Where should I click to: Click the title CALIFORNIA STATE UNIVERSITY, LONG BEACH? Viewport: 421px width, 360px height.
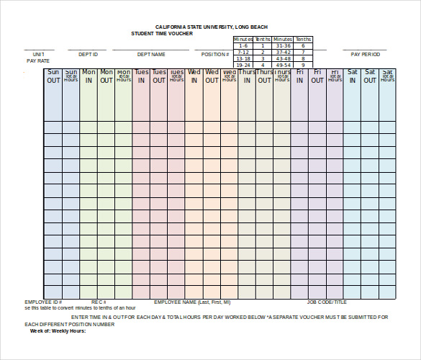[211, 27]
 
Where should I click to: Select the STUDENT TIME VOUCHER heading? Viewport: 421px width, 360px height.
[162, 33]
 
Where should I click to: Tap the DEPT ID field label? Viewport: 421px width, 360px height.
[88, 54]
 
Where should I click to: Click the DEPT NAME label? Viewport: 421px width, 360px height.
[151, 54]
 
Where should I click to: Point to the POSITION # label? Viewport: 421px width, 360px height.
[215, 54]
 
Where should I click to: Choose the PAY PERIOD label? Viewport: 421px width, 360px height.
[366, 54]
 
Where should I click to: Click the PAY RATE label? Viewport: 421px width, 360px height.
[38, 61]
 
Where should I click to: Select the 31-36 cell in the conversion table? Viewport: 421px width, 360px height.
[283, 45]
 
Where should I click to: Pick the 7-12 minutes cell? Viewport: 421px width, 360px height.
[243, 52]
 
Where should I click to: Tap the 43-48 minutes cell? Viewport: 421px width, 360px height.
[283, 58]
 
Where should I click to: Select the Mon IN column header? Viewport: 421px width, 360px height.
[89, 76]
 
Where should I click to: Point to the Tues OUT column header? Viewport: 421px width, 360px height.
[158, 76]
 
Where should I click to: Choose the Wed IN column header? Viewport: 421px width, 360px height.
[194, 76]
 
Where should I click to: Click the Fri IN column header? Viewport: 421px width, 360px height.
[299, 76]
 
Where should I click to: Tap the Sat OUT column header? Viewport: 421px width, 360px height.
[369, 76]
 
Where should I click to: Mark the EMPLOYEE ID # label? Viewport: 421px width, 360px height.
[44, 302]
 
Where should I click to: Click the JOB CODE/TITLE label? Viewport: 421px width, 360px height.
[327, 302]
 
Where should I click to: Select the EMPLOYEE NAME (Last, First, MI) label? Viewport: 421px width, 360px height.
[192, 302]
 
